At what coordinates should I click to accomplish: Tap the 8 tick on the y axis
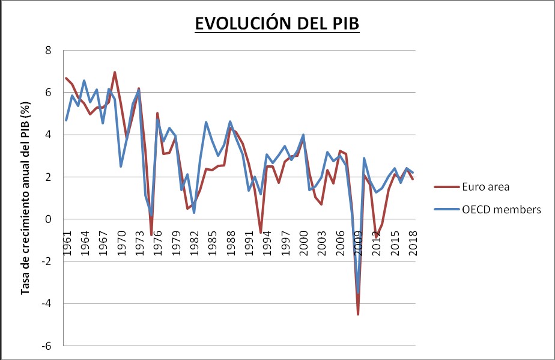49,50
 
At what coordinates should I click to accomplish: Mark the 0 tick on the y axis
49,219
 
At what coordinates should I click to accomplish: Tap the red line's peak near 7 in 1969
115,72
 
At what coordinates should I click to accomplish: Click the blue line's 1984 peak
206,122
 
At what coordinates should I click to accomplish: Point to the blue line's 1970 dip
121,166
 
